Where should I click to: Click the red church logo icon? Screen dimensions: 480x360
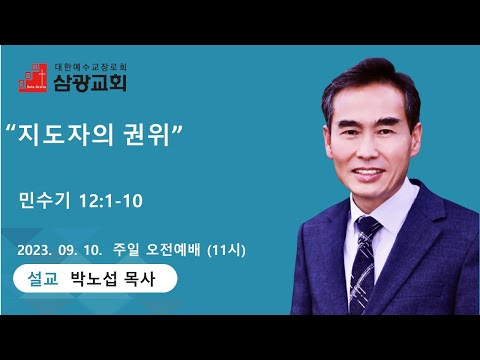point(32,78)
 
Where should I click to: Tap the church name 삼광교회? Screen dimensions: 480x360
point(90,82)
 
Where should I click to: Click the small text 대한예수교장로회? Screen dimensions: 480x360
point(90,67)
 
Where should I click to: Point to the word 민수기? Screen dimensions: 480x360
point(45,200)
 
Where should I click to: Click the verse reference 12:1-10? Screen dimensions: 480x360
point(111,201)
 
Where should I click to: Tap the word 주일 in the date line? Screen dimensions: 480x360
point(126,250)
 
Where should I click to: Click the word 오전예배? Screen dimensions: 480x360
point(173,250)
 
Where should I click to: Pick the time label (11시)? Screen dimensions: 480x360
point(226,250)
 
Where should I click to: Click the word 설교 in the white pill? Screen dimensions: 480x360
point(43,279)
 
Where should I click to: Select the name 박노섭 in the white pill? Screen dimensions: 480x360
point(94,279)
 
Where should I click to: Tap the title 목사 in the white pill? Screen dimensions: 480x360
point(139,279)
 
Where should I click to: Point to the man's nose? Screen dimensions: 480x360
point(366,149)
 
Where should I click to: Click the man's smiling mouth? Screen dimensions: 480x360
point(369,173)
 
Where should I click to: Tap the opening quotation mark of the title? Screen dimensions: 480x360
point(12,129)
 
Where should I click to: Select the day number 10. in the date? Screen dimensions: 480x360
point(92,250)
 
